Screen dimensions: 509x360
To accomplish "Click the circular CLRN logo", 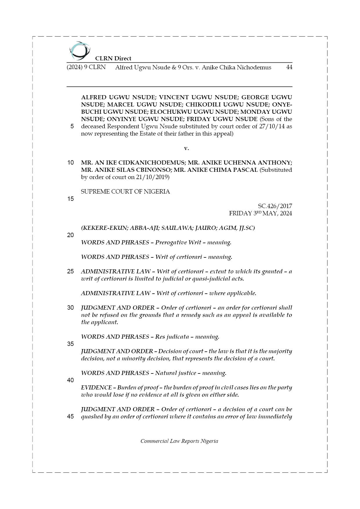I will (80, 50).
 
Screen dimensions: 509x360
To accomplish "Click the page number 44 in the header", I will (289, 67).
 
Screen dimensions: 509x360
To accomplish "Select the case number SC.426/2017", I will (275, 206).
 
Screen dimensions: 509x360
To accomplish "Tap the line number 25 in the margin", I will (71, 271).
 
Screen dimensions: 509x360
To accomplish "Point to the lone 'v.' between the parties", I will (186, 148).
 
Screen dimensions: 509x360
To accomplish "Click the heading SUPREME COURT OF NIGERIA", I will (125, 192).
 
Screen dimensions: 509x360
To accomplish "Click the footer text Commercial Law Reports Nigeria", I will (179, 441).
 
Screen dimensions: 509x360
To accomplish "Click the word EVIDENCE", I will (96, 387).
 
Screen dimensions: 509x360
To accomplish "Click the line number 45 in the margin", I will (71, 416).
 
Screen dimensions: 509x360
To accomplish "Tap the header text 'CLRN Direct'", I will (113, 58).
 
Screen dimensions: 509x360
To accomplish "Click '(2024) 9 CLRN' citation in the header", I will (86, 67).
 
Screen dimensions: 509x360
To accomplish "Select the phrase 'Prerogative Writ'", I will (178, 242).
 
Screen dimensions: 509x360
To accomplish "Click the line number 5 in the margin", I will (72, 126).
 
